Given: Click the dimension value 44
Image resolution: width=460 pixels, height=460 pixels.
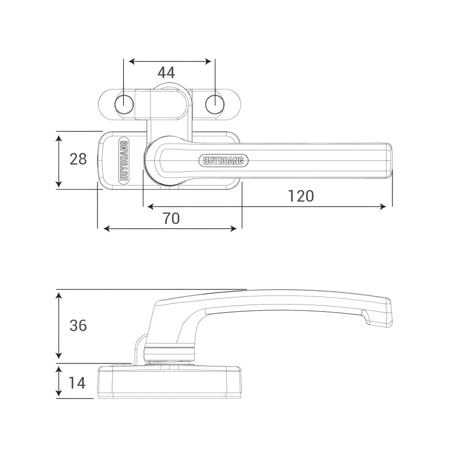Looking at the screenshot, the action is [166, 73].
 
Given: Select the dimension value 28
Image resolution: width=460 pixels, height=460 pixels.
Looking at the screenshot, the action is [78, 159].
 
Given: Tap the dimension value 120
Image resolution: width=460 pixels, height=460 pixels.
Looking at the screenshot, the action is [301, 196].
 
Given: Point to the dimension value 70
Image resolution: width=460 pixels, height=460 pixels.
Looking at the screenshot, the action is [171, 218].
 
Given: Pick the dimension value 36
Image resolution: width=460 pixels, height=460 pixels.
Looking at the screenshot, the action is [78, 326].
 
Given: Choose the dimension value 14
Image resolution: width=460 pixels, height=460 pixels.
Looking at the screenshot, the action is [77, 383].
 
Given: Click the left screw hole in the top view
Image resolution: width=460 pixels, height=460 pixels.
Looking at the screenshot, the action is [124, 104].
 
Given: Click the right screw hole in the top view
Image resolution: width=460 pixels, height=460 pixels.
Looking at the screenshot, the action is [215, 104].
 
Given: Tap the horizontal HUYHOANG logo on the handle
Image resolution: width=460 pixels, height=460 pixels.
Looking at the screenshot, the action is [223, 161].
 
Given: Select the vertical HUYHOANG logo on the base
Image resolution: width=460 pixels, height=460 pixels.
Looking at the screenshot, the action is [124, 160].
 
